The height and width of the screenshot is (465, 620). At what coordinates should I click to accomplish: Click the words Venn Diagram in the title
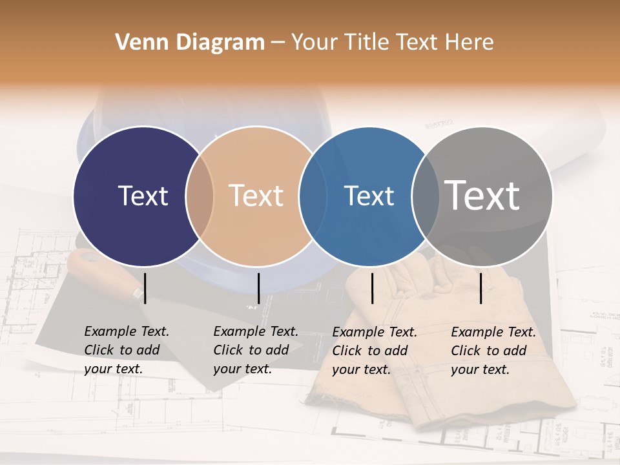pos(190,43)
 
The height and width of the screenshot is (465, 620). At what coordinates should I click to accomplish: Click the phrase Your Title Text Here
pos(392,43)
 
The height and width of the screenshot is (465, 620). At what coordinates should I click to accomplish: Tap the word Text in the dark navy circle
pos(143,196)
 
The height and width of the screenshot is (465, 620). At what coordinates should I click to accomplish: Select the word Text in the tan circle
pos(256,196)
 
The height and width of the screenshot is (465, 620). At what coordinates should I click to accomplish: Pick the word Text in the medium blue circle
pos(369,196)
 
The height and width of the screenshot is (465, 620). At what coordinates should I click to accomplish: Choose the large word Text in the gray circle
pos(482,195)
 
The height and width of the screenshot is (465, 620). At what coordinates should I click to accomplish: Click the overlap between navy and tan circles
pos(200,196)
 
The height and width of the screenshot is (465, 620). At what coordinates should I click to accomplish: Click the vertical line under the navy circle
pos(145,288)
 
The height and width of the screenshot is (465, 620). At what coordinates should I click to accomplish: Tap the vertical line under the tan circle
pos(258,288)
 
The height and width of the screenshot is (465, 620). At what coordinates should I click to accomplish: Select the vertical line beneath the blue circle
pos(373,288)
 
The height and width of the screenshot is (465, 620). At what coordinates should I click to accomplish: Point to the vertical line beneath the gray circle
pos(481,288)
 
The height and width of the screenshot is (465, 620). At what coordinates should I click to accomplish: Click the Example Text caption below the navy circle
pos(126,350)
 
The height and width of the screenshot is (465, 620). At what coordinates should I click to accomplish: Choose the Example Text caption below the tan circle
pos(255,350)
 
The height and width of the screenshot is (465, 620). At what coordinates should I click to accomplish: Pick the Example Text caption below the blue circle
pos(374,351)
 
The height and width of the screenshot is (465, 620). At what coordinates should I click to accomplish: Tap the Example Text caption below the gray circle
pos(493,351)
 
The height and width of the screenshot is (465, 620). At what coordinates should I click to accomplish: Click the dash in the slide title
pos(278,43)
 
